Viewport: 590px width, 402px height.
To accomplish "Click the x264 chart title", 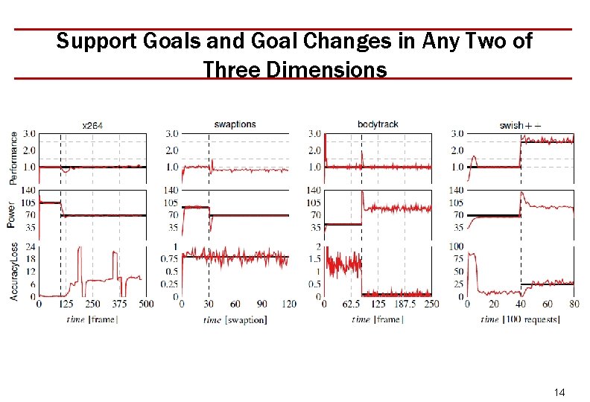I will pyautogui.click(x=92, y=126).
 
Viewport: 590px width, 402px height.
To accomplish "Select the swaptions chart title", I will pyautogui.click(x=235, y=124).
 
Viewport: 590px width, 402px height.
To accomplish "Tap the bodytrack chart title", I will pyautogui.click(x=378, y=124).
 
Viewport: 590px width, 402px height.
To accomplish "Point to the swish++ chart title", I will pyautogui.click(x=521, y=125).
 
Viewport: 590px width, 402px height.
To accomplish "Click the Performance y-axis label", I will pyautogui.click(x=13, y=157).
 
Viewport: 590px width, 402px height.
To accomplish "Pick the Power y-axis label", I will pyautogui.click(x=13, y=214).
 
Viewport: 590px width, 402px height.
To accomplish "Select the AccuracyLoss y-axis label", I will pyautogui.click(x=13, y=272).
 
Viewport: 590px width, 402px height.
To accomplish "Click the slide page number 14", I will pyautogui.click(x=561, y=392).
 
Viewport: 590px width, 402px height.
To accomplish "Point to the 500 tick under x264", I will pyautogui.click(x=146, y=304).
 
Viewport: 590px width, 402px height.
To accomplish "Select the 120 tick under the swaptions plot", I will pyautogui.click(x=289, y=304).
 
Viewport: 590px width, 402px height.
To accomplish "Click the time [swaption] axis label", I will pyautogui.click(x=235, y=319).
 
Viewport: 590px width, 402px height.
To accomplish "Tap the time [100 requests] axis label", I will pyautogui.click(x=520, y=319).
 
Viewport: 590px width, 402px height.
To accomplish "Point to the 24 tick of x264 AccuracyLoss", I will pyautogui.click(x=29, y=246).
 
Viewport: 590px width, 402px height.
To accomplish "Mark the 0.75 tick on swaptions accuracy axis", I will pyautogui.click(x=170, y=259).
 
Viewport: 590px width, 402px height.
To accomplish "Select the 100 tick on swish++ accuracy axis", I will pyautogui.click(x=455, y=246).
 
